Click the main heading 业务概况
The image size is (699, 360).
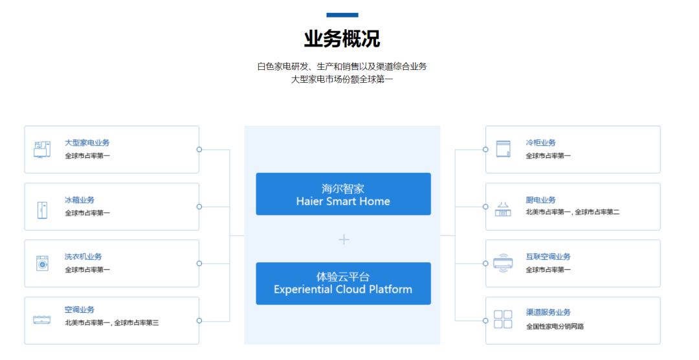pyautogui.click(x=342, y=39)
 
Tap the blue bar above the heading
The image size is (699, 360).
pyautogui.click(x=342, y=15)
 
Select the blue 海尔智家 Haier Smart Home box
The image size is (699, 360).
pyautogui.click(x=343, y=194)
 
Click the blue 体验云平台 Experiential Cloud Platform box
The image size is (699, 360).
pyautogui.click(x=343, y=284)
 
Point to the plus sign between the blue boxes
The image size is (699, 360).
pyautogui.click(x=344, y=240)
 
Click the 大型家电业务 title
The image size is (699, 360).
pyautogui.click(x=87, y=142)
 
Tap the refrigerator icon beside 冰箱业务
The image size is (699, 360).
pyautogui.click(x=42, y=210)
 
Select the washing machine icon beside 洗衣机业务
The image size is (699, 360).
pyautogui.click(x=42, y=264)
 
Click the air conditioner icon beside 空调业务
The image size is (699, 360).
pyautogui.click(x=42, y=320)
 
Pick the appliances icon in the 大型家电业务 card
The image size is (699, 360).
pyautogui.click(x=42, y=150)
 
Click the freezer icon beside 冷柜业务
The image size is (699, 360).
pyautogui.click(x=503, y=149)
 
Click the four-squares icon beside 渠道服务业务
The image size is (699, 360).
pyautogui.click(x=503, y=319)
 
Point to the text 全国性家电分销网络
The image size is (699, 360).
pyautogui.click(x=555, y=326)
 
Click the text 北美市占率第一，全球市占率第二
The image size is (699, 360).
pyautogui.click(x=572, y=212)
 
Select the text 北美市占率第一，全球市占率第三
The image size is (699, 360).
pyautogui.click(x=111, y=322)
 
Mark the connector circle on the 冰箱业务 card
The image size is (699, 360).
pyautogui.click(x=199, y=207)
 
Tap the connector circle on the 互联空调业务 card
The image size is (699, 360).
pyautogui.click(x=485, y=264)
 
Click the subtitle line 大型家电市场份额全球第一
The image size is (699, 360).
pyautogui.click(x=342, y=80)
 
